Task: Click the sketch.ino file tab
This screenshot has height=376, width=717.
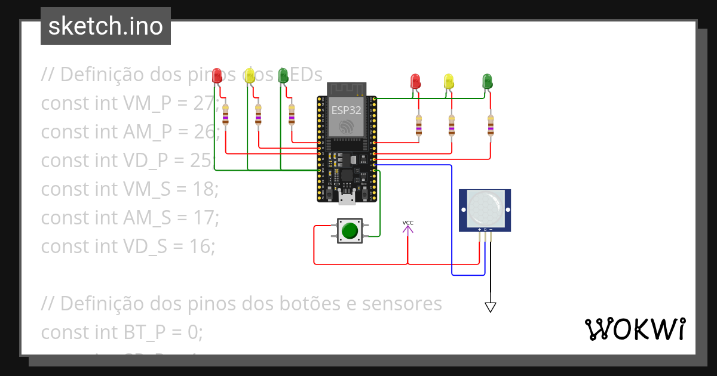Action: (x=106, y=26)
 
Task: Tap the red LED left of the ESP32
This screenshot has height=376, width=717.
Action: (x=217, y=76)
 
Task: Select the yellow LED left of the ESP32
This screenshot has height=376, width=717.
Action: (x=250, y=76)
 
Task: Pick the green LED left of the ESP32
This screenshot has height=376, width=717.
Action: (x=283, y=76)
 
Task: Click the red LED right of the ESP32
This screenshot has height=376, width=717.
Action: (x=415, y=81)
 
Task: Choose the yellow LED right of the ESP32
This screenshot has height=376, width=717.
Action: (x=449, y=81)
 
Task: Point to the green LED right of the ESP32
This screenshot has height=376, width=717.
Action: (x=487, y=81)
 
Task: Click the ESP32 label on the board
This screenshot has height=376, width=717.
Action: (x=346, y=110)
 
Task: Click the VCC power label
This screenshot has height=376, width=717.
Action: (x=407, y=223)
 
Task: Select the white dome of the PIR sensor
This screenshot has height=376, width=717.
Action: (x=485, y=207)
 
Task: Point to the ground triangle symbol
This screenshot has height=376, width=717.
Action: (x=491, y=307)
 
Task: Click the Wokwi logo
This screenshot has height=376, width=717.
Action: (x=634, y=329)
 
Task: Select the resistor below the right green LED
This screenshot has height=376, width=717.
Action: (x=491, y=125)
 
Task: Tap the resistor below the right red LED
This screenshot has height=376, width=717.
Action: (x=418, y=125)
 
